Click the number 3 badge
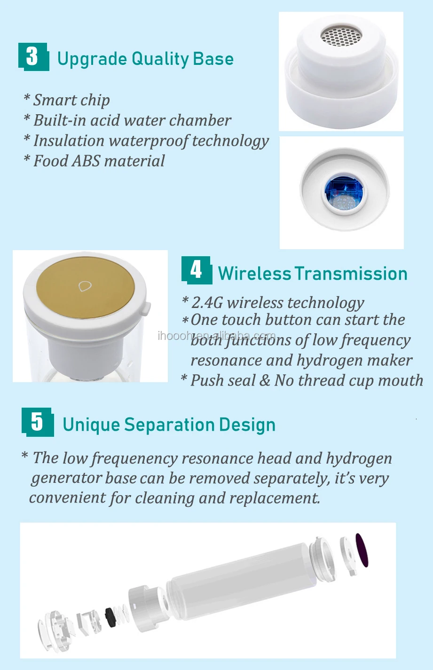pos(34,57)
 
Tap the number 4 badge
pos(197,270)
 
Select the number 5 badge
pos(38,422)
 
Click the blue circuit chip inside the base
pos(344,192)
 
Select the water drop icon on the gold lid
pos(85,286)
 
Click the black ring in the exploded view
pos(110,617)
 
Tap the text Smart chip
pos(71,100)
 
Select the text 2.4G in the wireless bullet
pos(207,303)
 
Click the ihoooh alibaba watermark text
pos(216,336)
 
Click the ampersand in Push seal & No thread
pos(265,381)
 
